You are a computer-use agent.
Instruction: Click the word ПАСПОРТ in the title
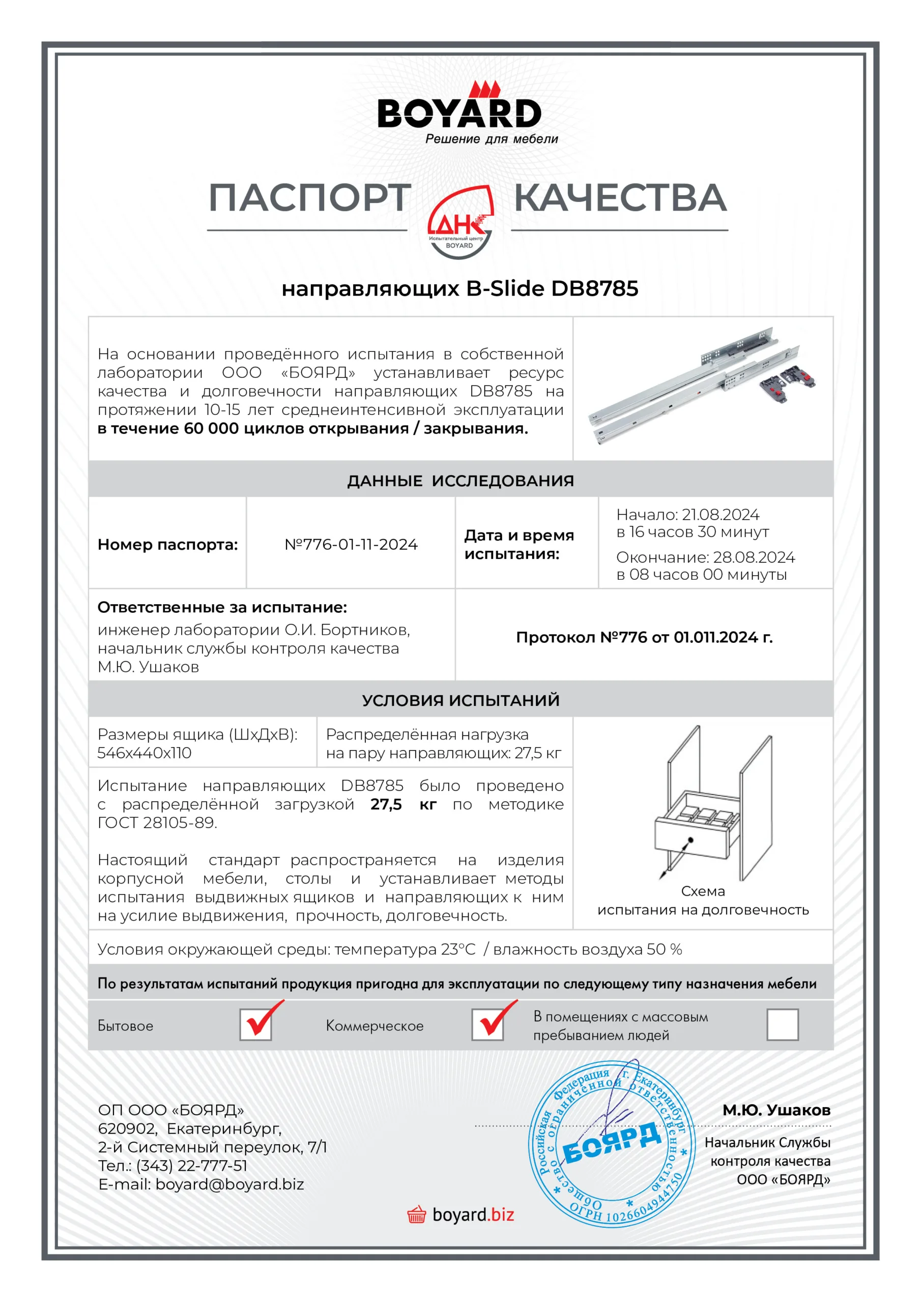[x=310, y=198]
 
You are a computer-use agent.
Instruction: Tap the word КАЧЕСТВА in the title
[x=620, y=198]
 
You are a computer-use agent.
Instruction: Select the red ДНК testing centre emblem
[x=460, y=222]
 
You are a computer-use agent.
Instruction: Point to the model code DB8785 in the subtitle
[x=594, y=289]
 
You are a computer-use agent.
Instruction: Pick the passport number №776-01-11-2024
[x=351, y=544]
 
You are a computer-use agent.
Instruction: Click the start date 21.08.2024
[x=720, y=514]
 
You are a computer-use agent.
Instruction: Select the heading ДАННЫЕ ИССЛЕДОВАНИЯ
[x=460, y=481]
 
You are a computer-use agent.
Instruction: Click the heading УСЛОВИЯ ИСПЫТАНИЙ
[x=460, y=700]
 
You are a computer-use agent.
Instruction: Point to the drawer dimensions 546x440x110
[x=144, y=753]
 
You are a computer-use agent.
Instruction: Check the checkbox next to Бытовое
[x=256, y=1024]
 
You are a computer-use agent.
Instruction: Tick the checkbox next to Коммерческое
[x=487, y=1024]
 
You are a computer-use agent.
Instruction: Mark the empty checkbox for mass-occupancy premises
[x=782, y=1024]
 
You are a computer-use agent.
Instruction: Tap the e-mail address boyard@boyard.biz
[x=229, y=1185]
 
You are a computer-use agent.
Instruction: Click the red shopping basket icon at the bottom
[x=417, y=1215]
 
